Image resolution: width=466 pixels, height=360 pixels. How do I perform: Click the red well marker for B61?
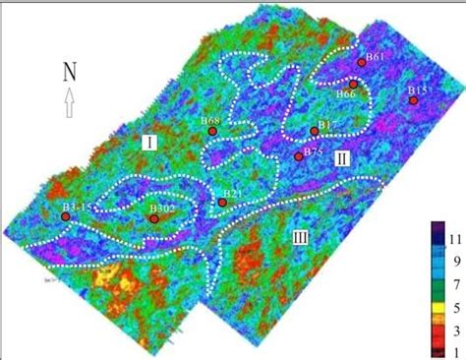tap(362, 62)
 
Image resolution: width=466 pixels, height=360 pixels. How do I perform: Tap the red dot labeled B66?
tap(354, 85)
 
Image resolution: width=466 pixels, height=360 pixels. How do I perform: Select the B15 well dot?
tap(414, 100)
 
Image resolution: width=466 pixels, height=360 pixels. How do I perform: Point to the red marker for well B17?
tap(314, 131)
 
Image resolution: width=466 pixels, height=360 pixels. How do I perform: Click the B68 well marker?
tap(211, 130)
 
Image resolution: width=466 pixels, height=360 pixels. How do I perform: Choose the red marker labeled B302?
tap(154, 219)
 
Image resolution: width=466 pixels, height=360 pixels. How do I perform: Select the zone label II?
tap(340, 158)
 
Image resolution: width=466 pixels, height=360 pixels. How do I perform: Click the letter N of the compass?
tap(70, 71)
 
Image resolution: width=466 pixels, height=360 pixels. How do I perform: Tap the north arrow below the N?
tap(69, 101)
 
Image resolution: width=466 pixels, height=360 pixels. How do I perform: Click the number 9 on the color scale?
tap(452, 263)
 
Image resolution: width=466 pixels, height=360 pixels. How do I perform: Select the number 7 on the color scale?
tap(452, 284)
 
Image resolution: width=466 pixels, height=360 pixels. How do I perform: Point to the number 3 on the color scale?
tap(452, 330)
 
